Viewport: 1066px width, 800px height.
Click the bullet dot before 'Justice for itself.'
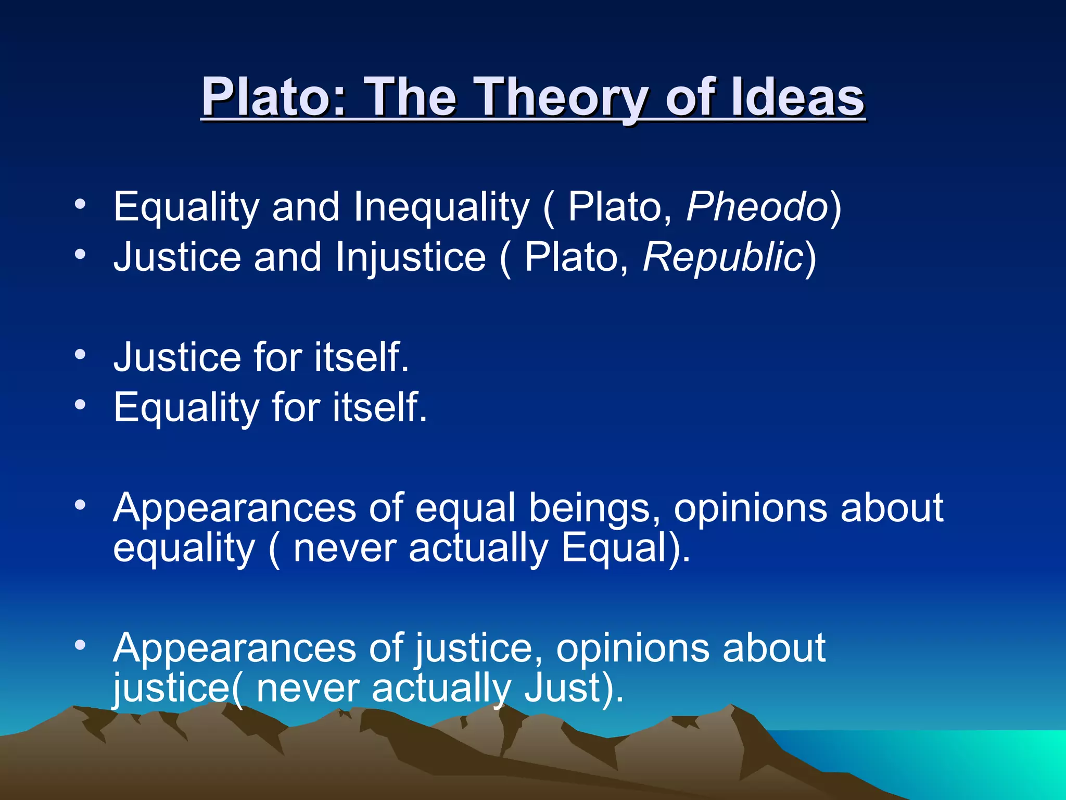(x=80, y=355)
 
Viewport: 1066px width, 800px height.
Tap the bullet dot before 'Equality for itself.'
(x=80, y=405)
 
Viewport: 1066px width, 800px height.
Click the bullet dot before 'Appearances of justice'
(x=80, y=645)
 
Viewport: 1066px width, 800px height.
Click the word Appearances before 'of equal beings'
(x=234, y=507)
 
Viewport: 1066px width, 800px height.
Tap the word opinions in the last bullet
(x=632, y=648)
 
